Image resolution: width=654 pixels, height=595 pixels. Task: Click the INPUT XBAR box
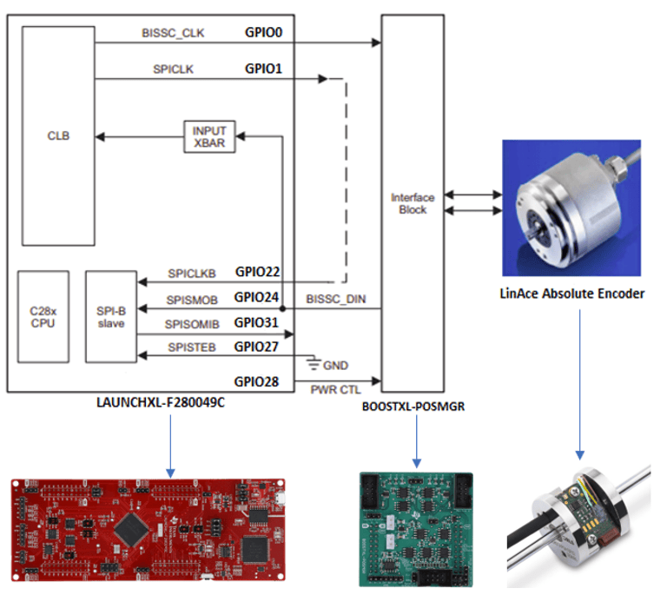209,137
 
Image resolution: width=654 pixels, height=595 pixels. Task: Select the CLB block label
58,136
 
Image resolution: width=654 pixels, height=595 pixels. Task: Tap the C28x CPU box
43,317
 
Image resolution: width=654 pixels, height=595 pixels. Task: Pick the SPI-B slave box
111,317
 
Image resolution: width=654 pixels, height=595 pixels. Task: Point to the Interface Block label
413,203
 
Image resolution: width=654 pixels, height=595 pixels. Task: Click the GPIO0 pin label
264,32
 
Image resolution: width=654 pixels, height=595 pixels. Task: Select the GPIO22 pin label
257,272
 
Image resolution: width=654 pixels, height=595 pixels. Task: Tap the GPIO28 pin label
256,382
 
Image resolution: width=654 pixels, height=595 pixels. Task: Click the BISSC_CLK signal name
173,33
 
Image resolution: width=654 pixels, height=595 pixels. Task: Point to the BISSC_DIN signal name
336,299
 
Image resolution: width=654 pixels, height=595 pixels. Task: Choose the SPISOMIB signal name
192,324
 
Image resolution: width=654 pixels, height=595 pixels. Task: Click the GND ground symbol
314,363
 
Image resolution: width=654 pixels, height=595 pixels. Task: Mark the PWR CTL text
335,390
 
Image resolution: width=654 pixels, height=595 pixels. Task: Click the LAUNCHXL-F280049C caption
161,403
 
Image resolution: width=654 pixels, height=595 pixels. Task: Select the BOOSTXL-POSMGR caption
413,407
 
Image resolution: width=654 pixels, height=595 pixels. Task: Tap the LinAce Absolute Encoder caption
571,294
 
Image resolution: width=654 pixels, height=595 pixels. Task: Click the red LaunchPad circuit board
148,530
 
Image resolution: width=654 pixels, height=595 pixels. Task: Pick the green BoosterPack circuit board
416,530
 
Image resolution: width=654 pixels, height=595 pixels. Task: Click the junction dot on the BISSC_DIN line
282,308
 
